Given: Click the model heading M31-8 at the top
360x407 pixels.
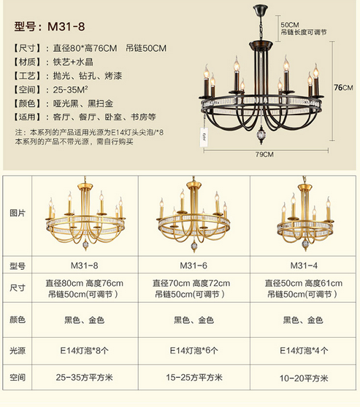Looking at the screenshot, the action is tap(50, 26).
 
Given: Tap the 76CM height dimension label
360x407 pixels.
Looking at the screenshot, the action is tap(343, 88).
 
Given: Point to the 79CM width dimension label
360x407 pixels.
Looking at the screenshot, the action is tap(264, 155).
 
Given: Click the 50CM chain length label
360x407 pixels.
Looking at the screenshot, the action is tap(290, 25).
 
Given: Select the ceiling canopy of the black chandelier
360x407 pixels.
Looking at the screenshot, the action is tap(261, 9).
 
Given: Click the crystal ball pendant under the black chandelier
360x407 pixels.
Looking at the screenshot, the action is tap(261, 134).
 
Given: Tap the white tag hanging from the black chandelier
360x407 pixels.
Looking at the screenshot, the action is tap(204, 137).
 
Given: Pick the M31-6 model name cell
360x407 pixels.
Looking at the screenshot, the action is tap(194, 265).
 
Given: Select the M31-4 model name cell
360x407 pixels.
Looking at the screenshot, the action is tap(304, 265).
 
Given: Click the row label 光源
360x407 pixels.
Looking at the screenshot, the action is tap(18, 351).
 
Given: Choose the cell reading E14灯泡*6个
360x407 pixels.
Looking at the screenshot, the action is tap(194, 351).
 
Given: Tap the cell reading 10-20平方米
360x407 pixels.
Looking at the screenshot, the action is tap(304, 378).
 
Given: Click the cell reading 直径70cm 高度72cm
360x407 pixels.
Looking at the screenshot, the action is tap(191, 283).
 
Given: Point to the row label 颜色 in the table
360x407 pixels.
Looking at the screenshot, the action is tap(18, 319).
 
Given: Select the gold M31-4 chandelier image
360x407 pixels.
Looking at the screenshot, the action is tap(305, 214).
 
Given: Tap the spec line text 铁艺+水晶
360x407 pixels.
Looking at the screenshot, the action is tap(73, 62).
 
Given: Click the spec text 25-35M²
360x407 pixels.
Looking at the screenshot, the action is tap(70, 90).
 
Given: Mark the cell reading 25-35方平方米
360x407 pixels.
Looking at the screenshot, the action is tap(85, 377).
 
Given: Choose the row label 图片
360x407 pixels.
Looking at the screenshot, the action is tap(18, 213).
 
